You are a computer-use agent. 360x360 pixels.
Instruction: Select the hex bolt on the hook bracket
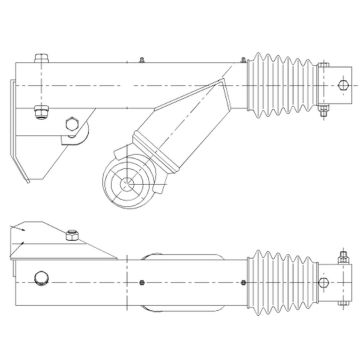coord(70,125)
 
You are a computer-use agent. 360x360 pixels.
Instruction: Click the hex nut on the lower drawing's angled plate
coord(73,237)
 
